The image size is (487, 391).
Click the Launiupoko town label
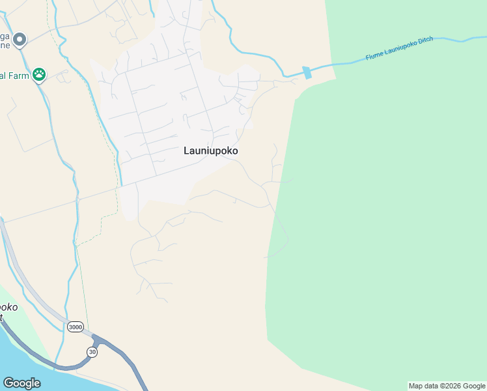[x=210, y=151]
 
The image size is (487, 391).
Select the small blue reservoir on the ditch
[x=307, y=72]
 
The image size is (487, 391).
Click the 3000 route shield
[x=75, y=326]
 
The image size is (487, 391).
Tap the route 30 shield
[x=92, y=352]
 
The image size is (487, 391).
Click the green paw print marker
[x=39, y=74]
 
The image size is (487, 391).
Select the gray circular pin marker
[x=20, y=40]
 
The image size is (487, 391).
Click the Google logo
[x=21, y=383]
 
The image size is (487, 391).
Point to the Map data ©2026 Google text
[x=447, y=386]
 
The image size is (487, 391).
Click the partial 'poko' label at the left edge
[x=8, y=307]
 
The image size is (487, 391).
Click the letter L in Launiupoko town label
[x=187, y=151]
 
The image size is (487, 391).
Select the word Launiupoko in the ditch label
[x=400, y=47]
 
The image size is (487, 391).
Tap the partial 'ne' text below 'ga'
[x=5, y=46]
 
